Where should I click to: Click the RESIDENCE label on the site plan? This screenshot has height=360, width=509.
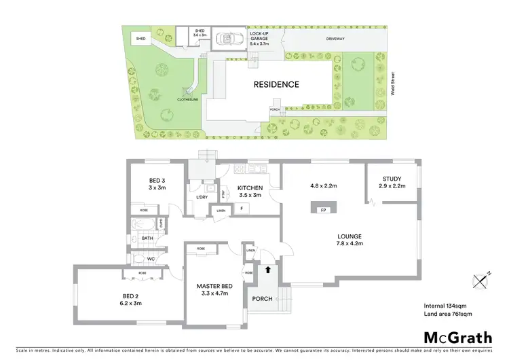[276, 84]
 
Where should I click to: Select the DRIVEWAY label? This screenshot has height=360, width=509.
[334, 39]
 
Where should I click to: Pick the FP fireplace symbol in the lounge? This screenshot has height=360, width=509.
[323, 210]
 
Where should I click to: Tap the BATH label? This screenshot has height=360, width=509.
[147, 238]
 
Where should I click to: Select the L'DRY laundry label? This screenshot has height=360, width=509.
[201, 197]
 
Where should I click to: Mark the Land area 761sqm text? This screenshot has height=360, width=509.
[447, 313]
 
